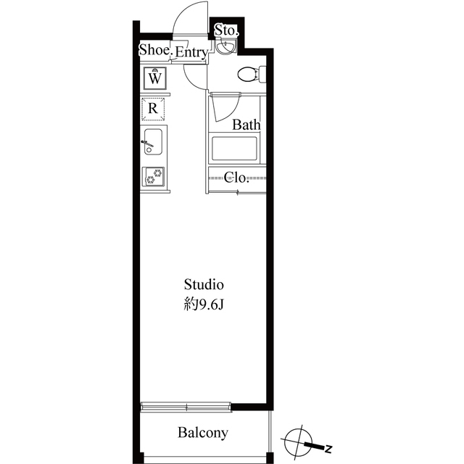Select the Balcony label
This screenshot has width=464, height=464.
pyautogui.click(x=203, y=434)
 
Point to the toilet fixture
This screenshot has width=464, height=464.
pyautogui.click(x=249, y=73)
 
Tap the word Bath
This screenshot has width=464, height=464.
pyautogui.click(x=246, y=125)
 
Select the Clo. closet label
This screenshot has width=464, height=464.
pyautogui.click(x=236, y=177)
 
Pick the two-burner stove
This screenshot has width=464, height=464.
pyautogui.click(x=154, y=176)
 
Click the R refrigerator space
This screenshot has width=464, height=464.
pyautogui.click(x=153, y=108)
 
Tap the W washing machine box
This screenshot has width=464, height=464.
pyautogui.click(x=155, y=76)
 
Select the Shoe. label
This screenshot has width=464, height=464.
pyautogui.click(x=154, y=50)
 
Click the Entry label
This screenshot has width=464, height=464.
pyautogui.click(x=191, y=52)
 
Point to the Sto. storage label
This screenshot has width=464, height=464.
pyautogui.click(x=225, y=31)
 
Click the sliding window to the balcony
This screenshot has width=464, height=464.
pyautogui.click(x=186, y=405)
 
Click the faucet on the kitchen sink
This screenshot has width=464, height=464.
pyautogui.click(x=144, y=143)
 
